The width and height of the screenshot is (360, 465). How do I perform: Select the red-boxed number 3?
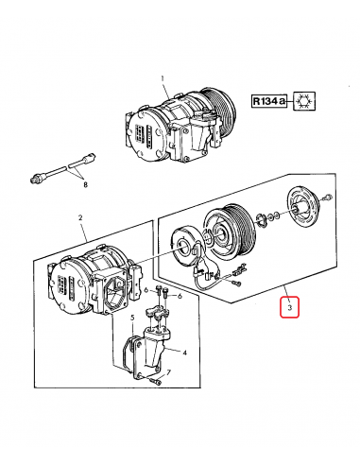pos(289,308)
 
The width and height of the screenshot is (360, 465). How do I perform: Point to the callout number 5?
pos(133,317)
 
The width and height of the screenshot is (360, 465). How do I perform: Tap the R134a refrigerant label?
pos(268,101)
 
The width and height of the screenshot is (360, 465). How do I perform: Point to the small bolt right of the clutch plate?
pos(326,197)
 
